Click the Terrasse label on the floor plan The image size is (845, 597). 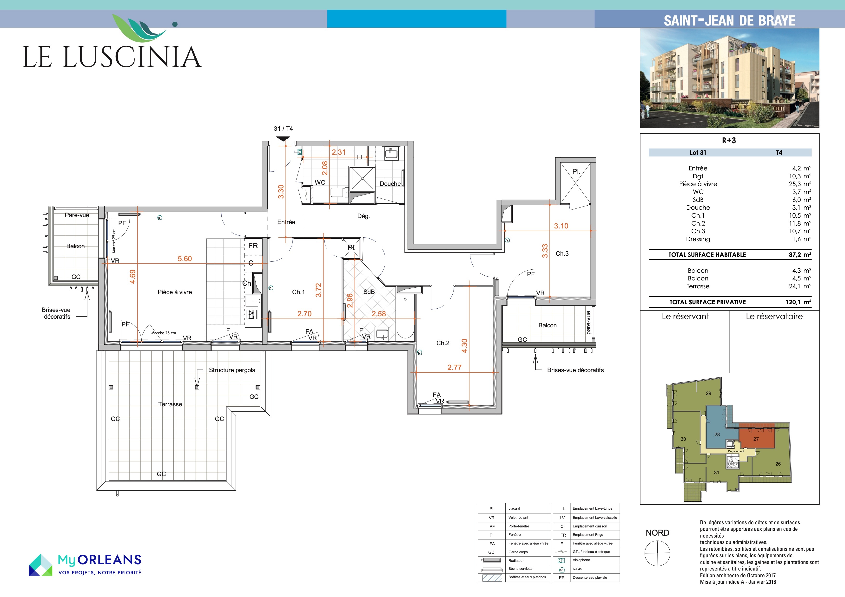pyautogui.click(x=170, y=404)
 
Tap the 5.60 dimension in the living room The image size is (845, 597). pyautogui.click(x=185, y=259)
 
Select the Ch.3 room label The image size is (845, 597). pyautogui.click(x=562, y=253)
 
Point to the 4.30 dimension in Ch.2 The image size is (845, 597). pyautogui.click(x=464, y=346)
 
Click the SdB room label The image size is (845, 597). pyautogui.click(x=369, y=292)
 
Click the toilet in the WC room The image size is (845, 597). pyautogui.click(x=339, y=192)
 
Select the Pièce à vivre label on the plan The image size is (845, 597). pyautogui.click(x=175, y=292)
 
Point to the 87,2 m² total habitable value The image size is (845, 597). pyautogui.click(x=800, y=254)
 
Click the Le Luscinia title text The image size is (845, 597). pyautogui.click(x=112, y=57)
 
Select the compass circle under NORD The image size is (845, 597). pyautogui.click(x=657, y=553)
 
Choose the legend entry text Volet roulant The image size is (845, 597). pyautogui.click(x=518, y=518)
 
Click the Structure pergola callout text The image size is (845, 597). pyautogui.click(x=232, y=370)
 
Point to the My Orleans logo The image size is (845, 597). pyautogui.click(x=85, y=565)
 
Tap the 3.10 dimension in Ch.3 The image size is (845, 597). pyautogui.click(x=561, y=226)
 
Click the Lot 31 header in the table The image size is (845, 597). pyautogui.click(x=698, y=153)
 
